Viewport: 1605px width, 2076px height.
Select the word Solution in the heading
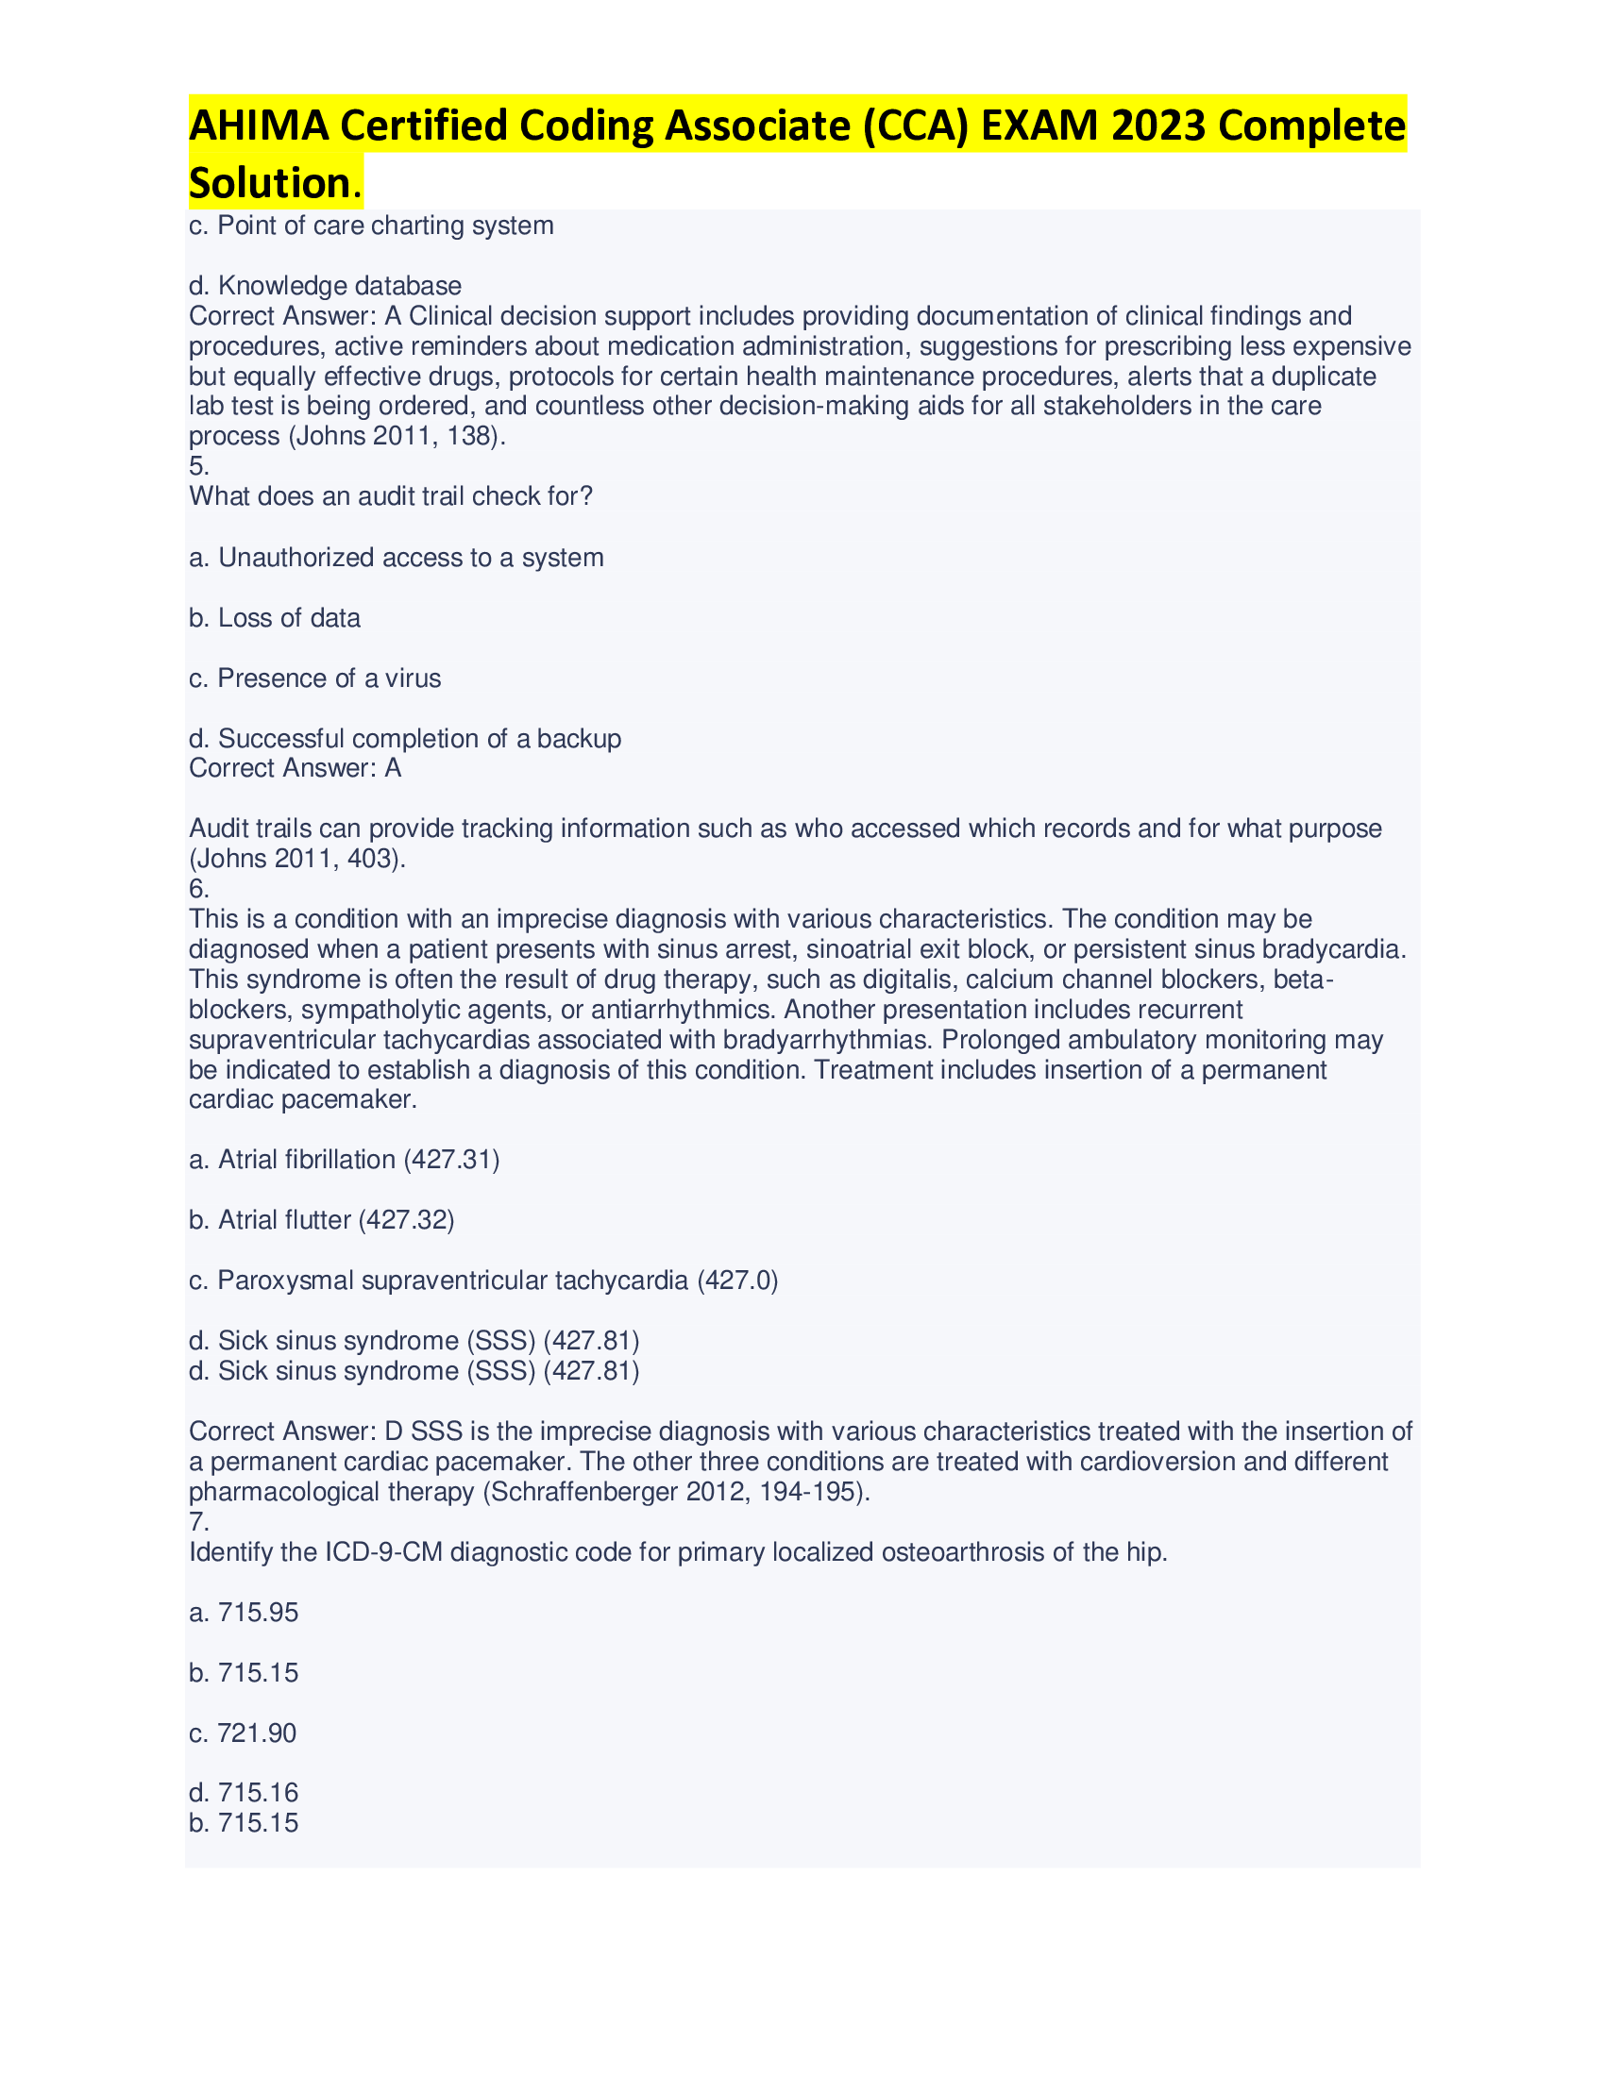pyautogui.click(x=270, y=183)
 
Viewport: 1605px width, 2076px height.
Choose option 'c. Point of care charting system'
pyautogui.click(x=371, y=226)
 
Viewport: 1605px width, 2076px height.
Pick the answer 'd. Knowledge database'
pyautogui.click(x=325, y=286)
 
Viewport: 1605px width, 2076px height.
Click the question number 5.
pyautogui.click(x=198, y=467)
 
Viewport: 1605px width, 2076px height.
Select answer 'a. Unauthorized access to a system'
pyautogui.click(x=397, y=558)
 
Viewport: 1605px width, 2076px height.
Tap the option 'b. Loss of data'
pyautogui.click(x=275, y=619)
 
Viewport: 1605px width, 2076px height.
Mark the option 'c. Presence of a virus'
pyautogui.click(x=314, y=678)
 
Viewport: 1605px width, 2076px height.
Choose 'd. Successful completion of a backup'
pyautogui.click(x=405, y=740)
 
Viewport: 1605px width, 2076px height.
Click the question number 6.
pyautogui.click(x=198, y=890)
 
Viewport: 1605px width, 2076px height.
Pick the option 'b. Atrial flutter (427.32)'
pyautogui.click(x=321, y=1220)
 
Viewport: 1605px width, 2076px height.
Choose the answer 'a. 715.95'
pyautogui.click(x=244, y=1613)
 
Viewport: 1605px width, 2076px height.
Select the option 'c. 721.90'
pyautogui.click(x=243, y=1733)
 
